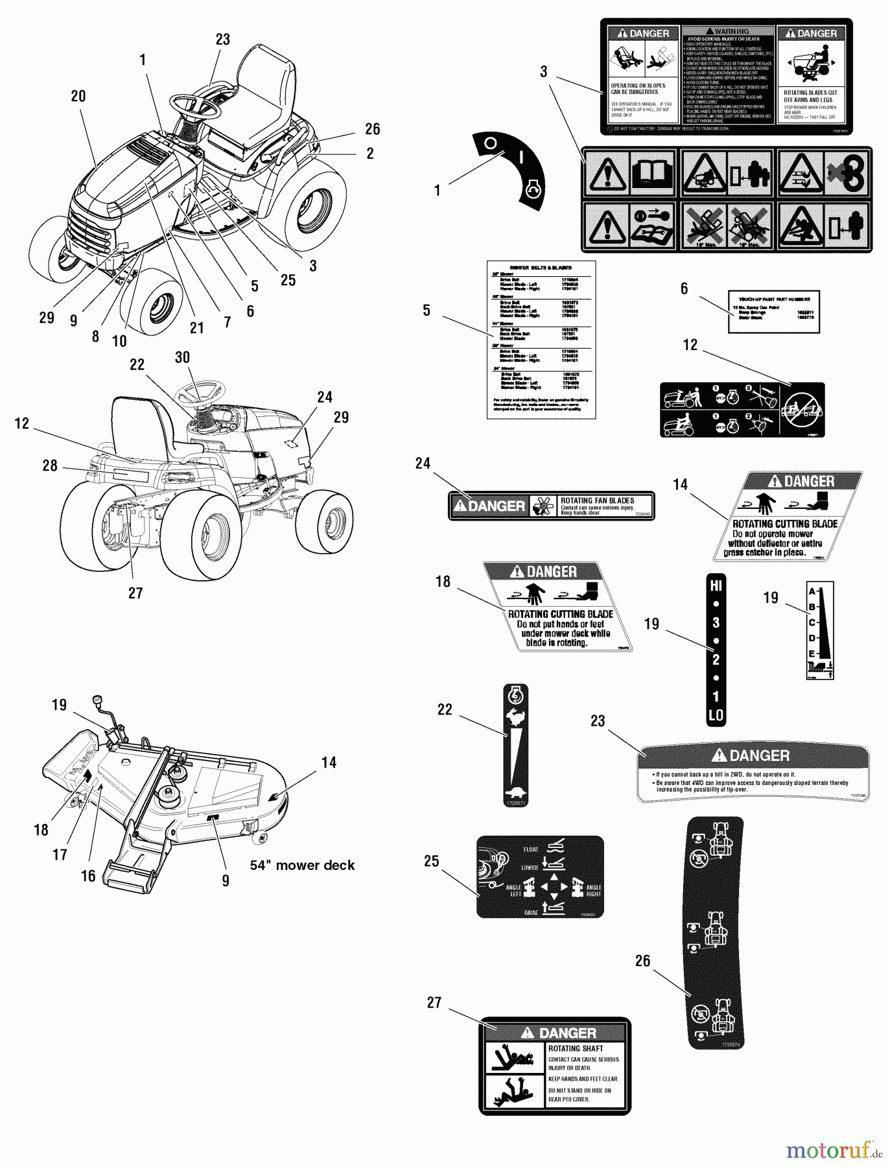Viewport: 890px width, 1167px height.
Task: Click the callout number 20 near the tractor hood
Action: (78, 96)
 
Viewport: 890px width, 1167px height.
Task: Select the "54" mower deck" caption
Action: (303, 865)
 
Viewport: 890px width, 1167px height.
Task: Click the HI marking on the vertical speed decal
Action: (716, 586)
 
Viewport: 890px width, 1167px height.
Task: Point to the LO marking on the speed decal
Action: (716, 716)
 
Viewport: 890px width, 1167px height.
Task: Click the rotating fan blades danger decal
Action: (551, 506)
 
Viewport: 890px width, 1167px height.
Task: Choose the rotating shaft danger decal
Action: (554, 1066)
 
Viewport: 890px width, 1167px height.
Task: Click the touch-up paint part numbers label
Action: (774, 311)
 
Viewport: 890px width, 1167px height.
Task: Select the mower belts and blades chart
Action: (541, 340)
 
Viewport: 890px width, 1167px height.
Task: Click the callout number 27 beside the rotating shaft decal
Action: (434, 1002)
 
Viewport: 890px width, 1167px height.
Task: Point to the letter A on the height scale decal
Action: (811, 591)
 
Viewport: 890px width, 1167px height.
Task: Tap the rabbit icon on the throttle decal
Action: (516, 717)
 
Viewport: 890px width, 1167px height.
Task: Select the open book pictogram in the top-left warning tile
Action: (651, 172)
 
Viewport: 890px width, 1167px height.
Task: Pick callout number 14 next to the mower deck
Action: (329, 762)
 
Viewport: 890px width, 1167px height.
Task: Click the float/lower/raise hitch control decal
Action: (540, 877)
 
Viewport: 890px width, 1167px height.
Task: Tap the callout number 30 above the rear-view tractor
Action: (182, 357)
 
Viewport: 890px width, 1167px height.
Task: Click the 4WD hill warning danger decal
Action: (753, 773)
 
